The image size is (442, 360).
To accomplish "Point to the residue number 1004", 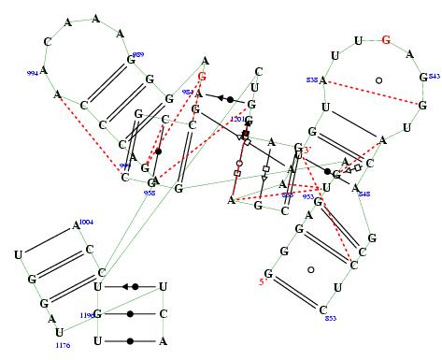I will [86, 222].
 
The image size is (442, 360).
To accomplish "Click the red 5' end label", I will [263, 283].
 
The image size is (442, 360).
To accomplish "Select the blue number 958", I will [149, 193].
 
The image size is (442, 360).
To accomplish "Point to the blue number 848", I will [364, 194].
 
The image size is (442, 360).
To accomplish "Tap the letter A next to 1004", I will [76, 225].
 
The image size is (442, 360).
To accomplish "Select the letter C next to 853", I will [323, 310].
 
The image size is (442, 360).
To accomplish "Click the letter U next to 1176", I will [58, 332].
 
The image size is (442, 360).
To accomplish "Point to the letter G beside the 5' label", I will [269, 274].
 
